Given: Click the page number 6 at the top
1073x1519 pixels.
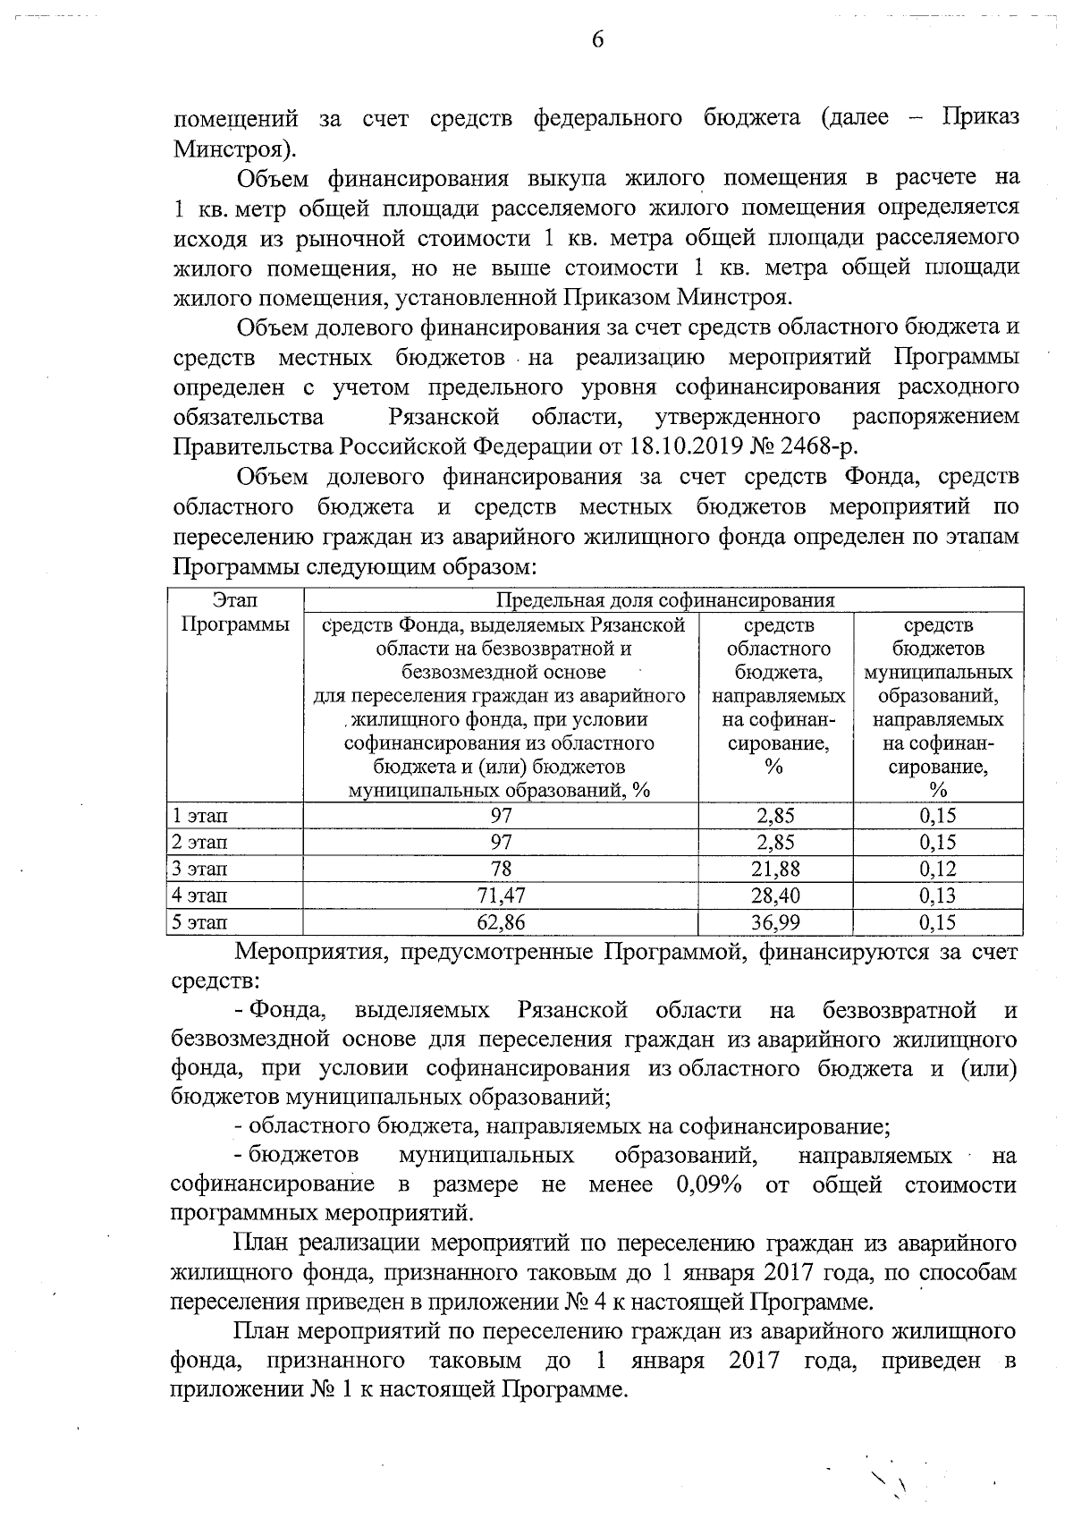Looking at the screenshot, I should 597,40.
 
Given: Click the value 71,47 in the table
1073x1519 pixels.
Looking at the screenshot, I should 501,895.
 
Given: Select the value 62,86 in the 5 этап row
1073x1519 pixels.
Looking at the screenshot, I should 501,922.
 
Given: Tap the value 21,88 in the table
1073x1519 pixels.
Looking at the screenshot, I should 775,869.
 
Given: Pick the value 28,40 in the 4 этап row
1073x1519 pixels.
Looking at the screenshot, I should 775,895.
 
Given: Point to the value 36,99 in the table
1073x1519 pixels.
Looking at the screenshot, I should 775,922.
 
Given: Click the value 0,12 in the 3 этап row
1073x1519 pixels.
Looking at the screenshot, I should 937,869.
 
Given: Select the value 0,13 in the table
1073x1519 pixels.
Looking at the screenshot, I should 937,895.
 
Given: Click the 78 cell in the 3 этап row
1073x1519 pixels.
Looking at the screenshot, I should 501,869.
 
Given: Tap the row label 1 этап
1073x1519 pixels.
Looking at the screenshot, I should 200,816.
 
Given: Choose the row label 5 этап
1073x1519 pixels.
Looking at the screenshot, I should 200,922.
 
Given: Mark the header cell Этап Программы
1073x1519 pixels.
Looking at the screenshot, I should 235,613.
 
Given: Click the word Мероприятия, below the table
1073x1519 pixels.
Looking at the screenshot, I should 299,952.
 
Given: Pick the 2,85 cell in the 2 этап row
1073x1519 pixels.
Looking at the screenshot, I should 775,843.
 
